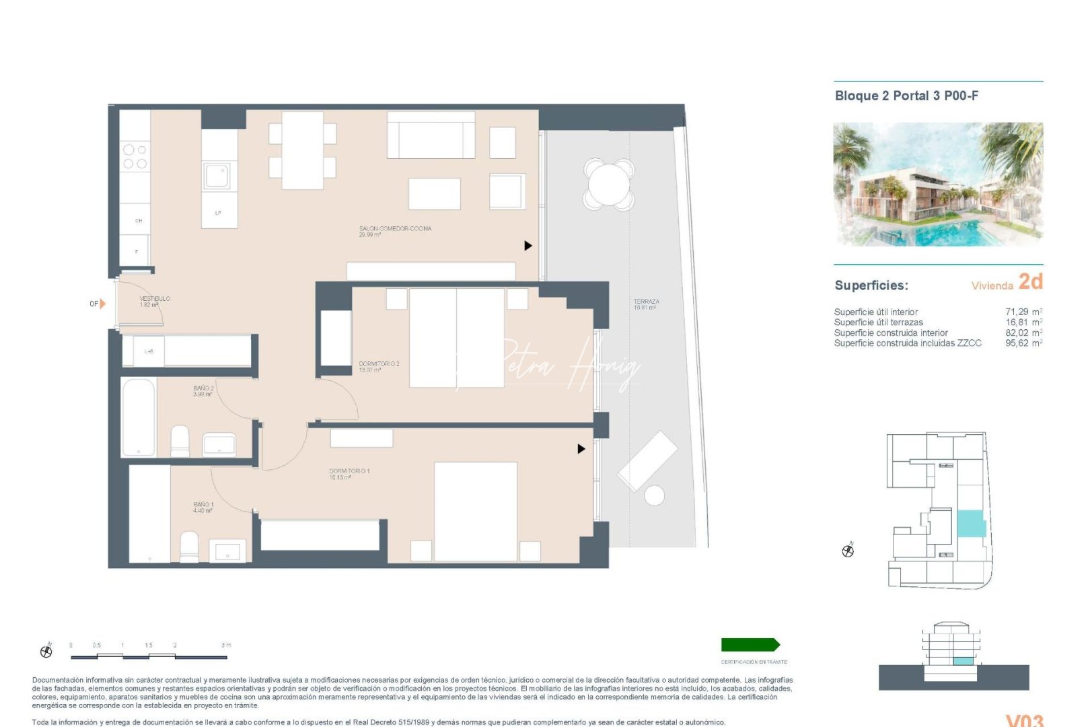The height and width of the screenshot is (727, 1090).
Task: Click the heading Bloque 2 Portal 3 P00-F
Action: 906,96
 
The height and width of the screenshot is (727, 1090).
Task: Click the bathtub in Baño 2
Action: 139,417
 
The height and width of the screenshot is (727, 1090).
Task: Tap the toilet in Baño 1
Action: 189,547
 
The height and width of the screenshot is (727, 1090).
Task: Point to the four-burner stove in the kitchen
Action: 135,156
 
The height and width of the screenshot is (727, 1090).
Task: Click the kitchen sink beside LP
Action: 217,176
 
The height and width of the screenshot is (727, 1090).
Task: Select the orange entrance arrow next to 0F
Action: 102,304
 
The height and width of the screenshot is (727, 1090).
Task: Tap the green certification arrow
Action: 750,645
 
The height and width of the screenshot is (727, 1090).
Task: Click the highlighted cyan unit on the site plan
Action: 970,524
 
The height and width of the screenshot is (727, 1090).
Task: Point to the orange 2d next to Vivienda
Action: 1030,281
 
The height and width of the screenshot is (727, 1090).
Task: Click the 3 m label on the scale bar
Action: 226,645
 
